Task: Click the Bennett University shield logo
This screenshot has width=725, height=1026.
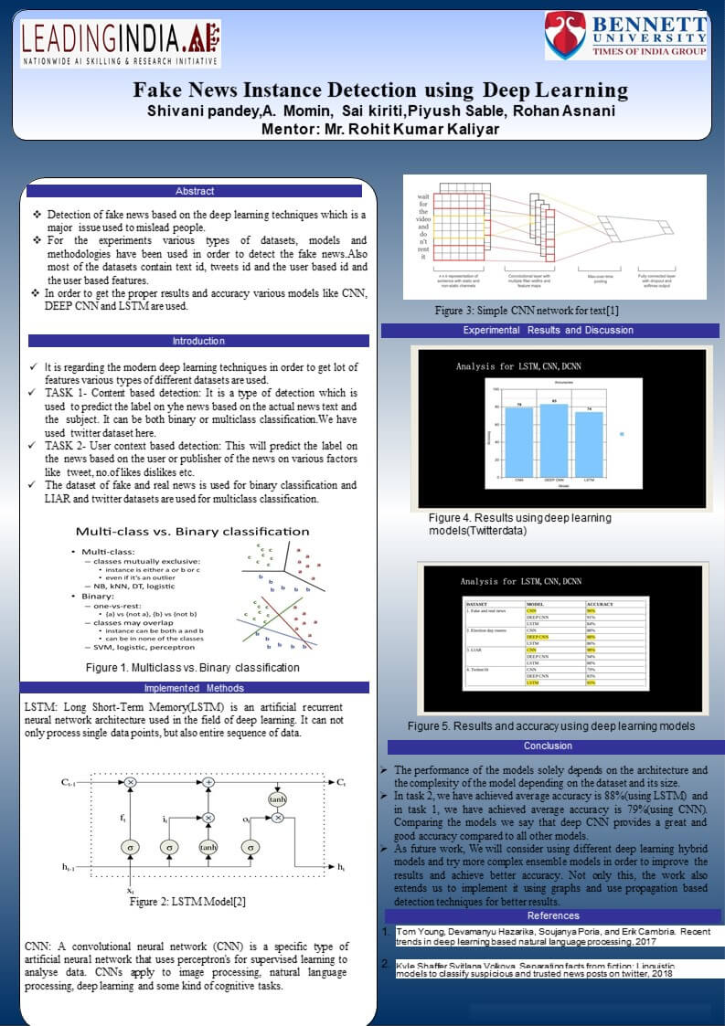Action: click(x=566, y=36)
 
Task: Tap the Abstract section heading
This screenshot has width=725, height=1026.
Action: click(x=195, y=191)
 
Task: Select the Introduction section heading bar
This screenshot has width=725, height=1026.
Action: click(x=198, y=341)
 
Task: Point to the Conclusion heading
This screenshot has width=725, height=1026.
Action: click(x=549, y=746)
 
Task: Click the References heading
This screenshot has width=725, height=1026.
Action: click(x=553, y=915)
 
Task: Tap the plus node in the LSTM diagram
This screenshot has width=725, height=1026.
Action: click(x=208, y=783)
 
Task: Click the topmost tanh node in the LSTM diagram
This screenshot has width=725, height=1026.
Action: click(x=278, y=799)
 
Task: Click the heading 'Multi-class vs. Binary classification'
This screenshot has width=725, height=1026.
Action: click(x=192, y=531)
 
